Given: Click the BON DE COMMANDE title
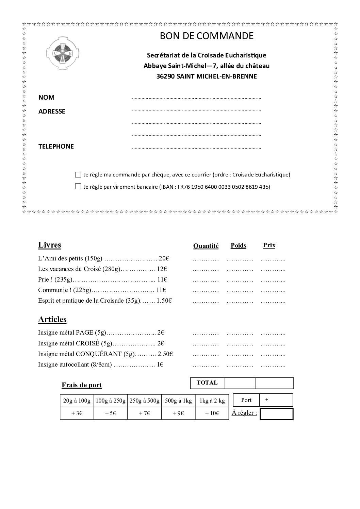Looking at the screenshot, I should pyautogui.click(x=207, y=36).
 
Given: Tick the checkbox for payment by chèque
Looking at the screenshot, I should pyautogui.click(x=78, y=175).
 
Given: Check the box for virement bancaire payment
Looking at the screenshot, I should pyautogui.click(x=78, y=186).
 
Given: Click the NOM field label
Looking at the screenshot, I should pyautogui.click(x=46, y=97).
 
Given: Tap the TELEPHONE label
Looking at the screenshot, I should pyautogui.click(x=56, y=146).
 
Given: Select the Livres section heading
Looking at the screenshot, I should pyautogui.click(x=49, y=245).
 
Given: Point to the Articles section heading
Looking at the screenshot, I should pyautogui.click(x=52, y=319).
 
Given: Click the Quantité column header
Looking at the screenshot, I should pyautogui.click(x=206, y=246).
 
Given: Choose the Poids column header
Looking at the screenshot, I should pyautogui.click(x=238, y=245).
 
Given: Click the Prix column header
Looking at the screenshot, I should pyautogui.click(x=269, y=245).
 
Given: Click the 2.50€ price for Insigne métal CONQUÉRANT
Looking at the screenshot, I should pyautogui.click(x=166, y=354).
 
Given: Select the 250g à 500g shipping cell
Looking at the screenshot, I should pyautogui.click(x=145, y=401).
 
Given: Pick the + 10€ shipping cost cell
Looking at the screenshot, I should pyautogui.click(x=212, y=413).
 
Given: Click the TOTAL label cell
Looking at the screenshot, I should pyautogui.click(x=207, y=383).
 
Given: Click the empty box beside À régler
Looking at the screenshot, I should pyautogui.click(x=276, y=414).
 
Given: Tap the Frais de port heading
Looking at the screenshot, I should pyautogui.click(x=82, y=385).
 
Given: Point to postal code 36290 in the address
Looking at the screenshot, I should pyautogui.click(x=165, y=76).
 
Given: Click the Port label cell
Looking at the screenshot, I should pyautogui.click(x=246, y=400).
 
